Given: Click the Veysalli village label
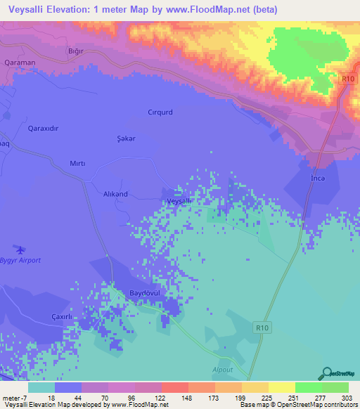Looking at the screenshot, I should pos(179,201).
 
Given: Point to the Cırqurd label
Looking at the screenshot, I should pos(160,112).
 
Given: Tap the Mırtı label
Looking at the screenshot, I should pos(77,163).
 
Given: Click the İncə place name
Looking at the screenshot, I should pos(319,178).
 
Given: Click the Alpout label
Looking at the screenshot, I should pos(223,369).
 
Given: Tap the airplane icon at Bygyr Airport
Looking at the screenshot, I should pos(19,249).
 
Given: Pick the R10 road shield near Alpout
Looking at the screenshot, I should pos(262,326).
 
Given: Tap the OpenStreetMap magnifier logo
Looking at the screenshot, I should pos(328,372).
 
